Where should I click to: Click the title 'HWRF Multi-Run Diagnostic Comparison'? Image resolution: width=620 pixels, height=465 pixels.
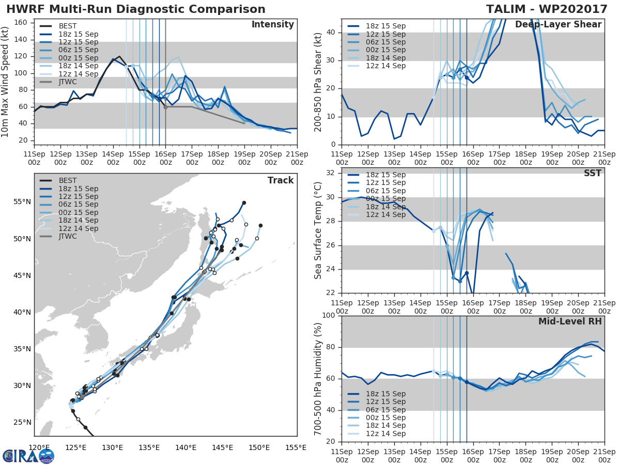[x=136, y=9]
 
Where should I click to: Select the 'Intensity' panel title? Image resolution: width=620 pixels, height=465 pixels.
[x=272, y=25]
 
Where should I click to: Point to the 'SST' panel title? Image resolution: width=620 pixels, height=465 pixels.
[x=592, y=174]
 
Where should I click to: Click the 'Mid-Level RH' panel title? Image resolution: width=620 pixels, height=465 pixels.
[x=570, y=322]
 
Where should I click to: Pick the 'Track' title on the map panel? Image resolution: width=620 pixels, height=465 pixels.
[x=281, y=180]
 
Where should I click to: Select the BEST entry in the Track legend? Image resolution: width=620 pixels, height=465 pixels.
[x=67, y=180]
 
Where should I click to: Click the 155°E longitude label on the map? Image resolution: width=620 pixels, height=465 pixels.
[x=297, y=447]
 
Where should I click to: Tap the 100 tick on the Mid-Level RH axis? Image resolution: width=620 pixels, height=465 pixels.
[x=330, y=316]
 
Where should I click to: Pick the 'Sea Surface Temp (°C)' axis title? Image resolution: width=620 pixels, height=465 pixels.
[x=318, y=230]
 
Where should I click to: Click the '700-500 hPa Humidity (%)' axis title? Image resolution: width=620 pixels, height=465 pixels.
[x=318, y=378]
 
